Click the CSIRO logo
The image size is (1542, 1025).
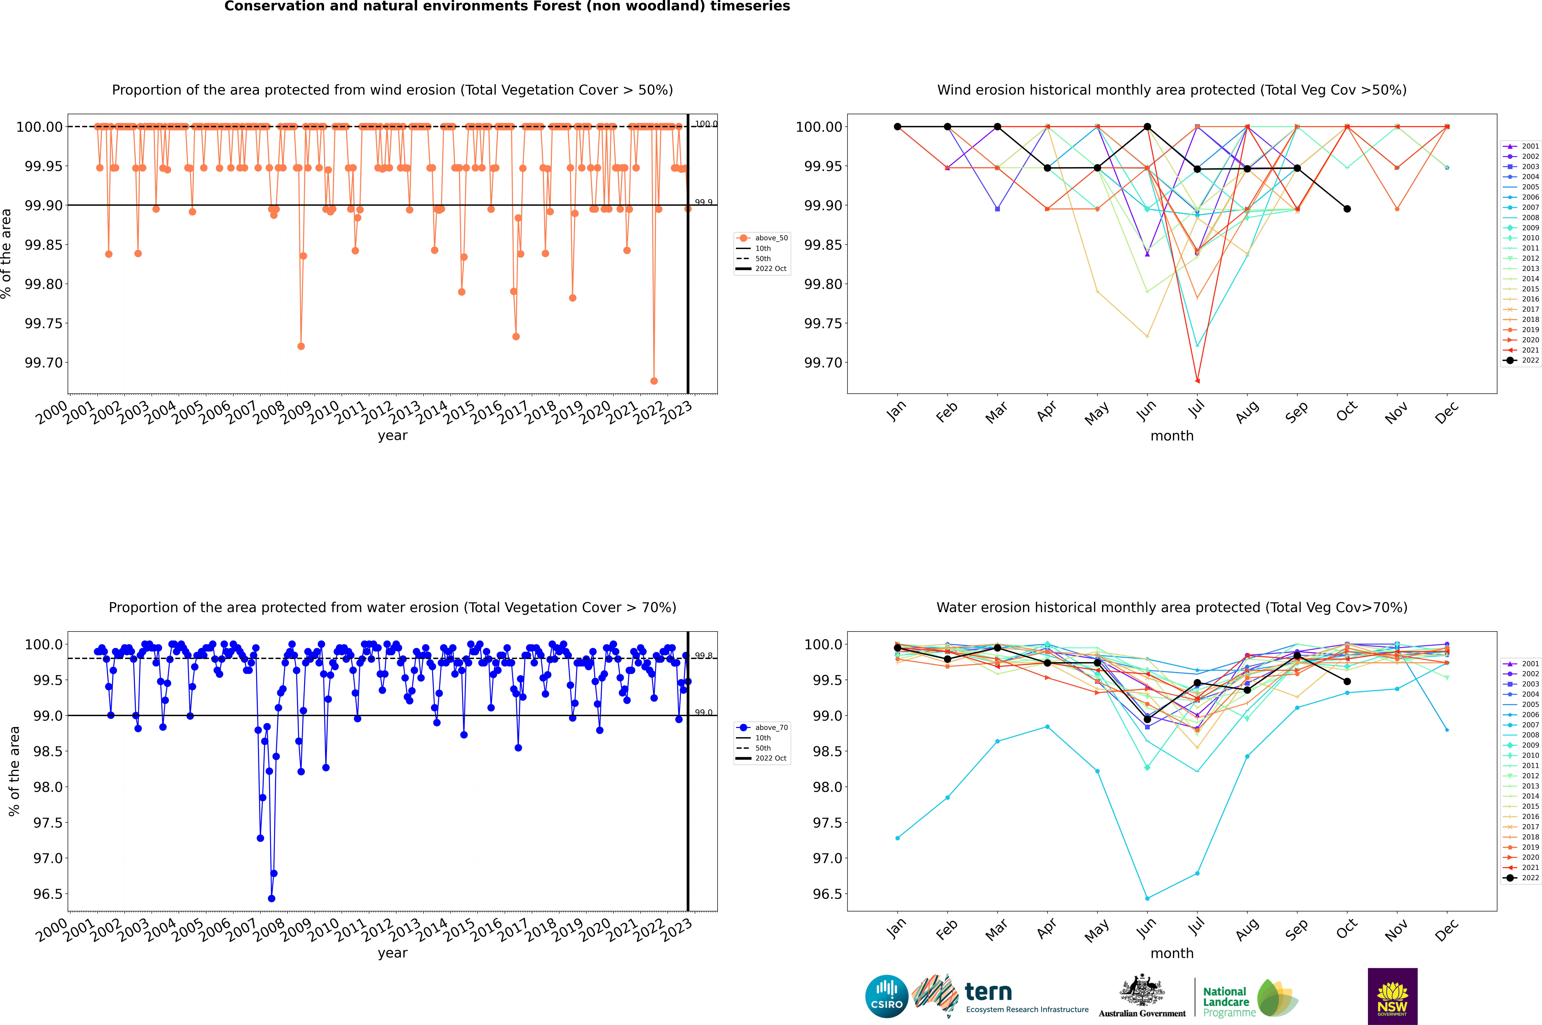886,996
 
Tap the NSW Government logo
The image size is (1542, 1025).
1392,996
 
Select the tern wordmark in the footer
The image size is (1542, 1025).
988,992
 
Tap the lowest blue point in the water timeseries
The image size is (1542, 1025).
271,898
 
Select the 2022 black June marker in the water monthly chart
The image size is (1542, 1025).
1147,719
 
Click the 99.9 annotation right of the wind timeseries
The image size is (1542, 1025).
703,203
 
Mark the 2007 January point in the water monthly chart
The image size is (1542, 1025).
898,838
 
